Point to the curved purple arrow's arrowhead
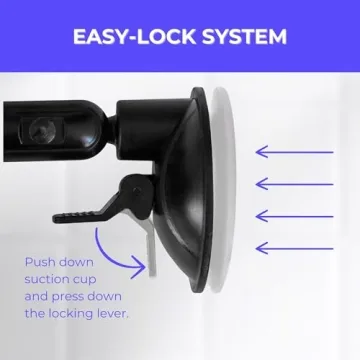(140, 266)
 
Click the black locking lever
(96, 205)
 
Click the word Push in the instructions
(41, 262)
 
